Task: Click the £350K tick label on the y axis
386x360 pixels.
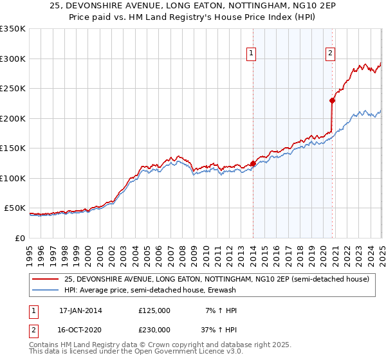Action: [x=13, y=29]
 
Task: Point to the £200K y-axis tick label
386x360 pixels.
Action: [x=13, y=118]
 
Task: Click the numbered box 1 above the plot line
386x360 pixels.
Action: [x=250, y=54]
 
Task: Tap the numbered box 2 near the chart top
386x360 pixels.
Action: [x=330, y=54]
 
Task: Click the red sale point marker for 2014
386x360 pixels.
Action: [x=253, y=163]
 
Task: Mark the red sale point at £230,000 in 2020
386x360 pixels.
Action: [x=333, y=100]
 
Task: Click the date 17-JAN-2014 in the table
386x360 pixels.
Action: [x=80, y=310]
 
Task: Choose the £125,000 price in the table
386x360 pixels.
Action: [x=154, y=310]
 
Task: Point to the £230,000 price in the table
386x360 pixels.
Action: [x=154, y=329]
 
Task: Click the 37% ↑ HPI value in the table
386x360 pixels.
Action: [x=218, y=329]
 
